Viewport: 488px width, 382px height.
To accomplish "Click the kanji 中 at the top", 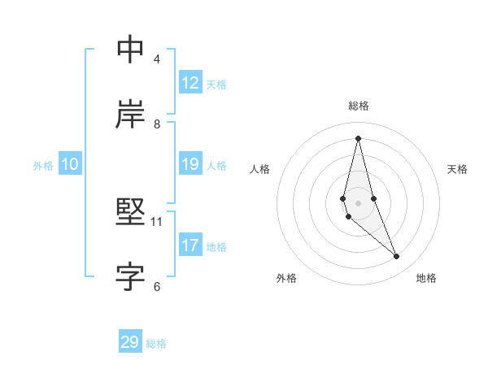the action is coord(130,50).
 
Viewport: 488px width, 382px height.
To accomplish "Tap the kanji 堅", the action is coord(130,213).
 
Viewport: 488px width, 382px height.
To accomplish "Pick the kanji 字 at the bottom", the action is coord(130,277).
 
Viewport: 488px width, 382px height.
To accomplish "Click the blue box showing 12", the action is coord(190,82).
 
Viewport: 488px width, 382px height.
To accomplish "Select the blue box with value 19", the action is coord(190,164).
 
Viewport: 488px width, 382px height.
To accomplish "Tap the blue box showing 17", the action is coord(190,245).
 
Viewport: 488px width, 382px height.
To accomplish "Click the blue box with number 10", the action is coord(70,164).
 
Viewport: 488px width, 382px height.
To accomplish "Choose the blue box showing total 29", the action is coord(130,342).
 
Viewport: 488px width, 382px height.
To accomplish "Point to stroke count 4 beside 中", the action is coord(157,59).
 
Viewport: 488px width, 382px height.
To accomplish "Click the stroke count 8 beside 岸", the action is coord(157,124).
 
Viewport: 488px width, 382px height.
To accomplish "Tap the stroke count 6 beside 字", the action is coord(157,286).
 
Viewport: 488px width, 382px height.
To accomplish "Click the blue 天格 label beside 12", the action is coord(216,84).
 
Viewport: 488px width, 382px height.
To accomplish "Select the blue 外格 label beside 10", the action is coord(43,165).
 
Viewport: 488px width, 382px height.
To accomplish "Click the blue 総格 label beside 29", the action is coord(156,344).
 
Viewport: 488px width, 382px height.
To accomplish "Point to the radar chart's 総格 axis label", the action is coord(359,106).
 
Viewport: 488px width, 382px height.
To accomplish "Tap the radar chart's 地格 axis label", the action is coord(426,278).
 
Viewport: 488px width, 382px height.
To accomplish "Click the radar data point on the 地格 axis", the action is coord(397,257).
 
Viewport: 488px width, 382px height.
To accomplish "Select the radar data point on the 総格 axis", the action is coord(358,137).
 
